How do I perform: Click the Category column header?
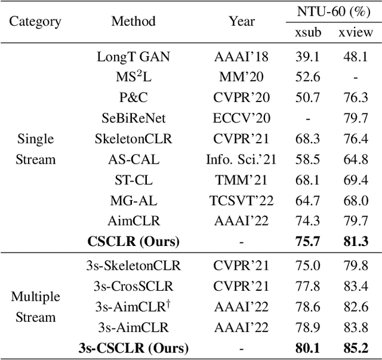click(35, 22)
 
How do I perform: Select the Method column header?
click(133, 21)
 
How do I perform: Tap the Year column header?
click(242, 21)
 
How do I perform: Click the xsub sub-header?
click(308, 32)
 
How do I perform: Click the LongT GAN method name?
click(133, 57)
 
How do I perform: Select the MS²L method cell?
click(133, 78)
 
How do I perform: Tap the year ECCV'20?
click(242, 118)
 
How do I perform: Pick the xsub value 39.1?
click(307, 57)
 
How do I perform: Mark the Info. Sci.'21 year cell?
click(242, 159)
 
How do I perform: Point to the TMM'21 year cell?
click(242, 180)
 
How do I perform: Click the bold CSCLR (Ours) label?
click(133, 242)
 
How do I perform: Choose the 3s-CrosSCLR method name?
click(133, 287)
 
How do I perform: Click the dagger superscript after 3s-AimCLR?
click(169, 303)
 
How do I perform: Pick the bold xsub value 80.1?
click(307, 347)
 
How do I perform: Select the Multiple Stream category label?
click(35, 307)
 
